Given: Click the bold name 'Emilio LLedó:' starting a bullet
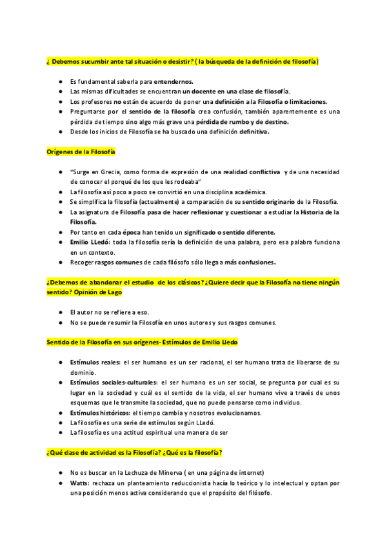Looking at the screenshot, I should pyautogui.click(x=91, y=242).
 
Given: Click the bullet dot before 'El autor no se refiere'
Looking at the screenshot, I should pyautogui.click(x=61, y=312).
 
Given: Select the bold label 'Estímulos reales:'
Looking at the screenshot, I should pyautogui.click(x=95, y=363).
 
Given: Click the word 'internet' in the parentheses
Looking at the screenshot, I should pyautogui.click(x=248, y=472).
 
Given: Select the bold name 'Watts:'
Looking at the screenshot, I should pyautogui.click(x=81, y=482).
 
